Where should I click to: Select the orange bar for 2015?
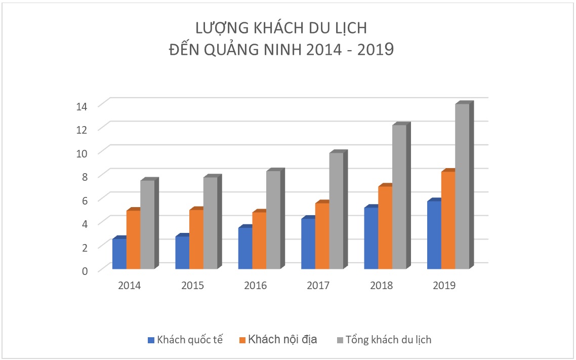click(x=196, y=238)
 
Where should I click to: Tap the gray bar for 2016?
click(x=273, y=219)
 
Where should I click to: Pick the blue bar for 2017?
click(x=308, y=243)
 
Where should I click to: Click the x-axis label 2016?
click(x=255, y=286)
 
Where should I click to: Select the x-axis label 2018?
click(x=381, y=286)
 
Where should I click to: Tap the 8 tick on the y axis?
click(x=85, y=176)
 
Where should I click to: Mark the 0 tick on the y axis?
click(x=85, y=270)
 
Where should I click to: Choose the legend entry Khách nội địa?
click(x=282, y=339)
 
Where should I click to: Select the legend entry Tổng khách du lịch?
click(x=388, y=339)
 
